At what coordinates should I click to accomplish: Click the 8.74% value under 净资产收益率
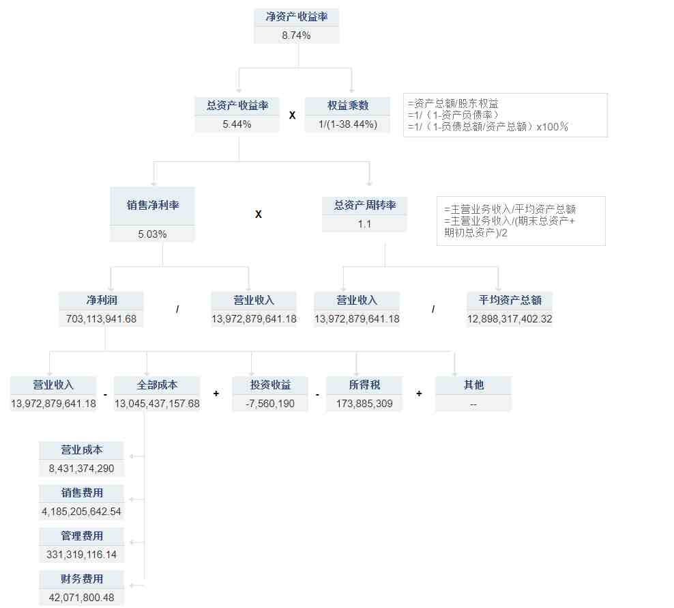tap(296, 36)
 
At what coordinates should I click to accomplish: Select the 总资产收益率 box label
tap(237, 105)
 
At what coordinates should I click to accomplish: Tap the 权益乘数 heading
tap(348, 105)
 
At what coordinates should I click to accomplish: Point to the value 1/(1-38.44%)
tap(348, 124)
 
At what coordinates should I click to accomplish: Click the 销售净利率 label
tap(153, 205)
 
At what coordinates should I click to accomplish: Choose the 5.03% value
tap(152, 234)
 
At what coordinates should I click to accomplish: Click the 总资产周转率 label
tap(365, 205)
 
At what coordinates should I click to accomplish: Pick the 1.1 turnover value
tap(364, 224)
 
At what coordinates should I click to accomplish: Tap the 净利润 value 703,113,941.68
tap(101, 318)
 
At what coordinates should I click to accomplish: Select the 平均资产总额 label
tap(510, 300)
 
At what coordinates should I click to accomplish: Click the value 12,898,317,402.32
tap(510, 318)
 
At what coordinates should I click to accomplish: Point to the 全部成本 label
tap(157, 385)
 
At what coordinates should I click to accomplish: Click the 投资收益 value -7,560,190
tap(270, 404)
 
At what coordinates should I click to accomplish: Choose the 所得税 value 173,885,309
tap(364, 404)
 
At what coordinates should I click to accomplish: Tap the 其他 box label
tap(473, 385)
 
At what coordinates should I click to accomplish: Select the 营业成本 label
tap(82, 450)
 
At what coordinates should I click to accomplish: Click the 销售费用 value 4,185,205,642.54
tap(81, 512)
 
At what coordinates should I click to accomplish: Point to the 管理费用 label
tap(82, 536)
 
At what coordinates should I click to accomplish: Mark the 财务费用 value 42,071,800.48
tap(81, 598)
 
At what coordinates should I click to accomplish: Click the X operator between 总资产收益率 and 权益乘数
tap(292, 115)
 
